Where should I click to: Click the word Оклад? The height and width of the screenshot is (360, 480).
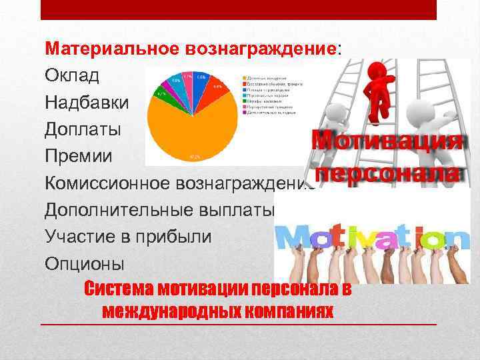click(x=71, y=76)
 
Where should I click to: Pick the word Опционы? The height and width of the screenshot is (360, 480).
click(x=84, y=263)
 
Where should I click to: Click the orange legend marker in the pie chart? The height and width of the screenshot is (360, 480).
click(x=244, y=78)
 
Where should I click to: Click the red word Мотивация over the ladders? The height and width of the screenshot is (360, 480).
click(x=387, y=141)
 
